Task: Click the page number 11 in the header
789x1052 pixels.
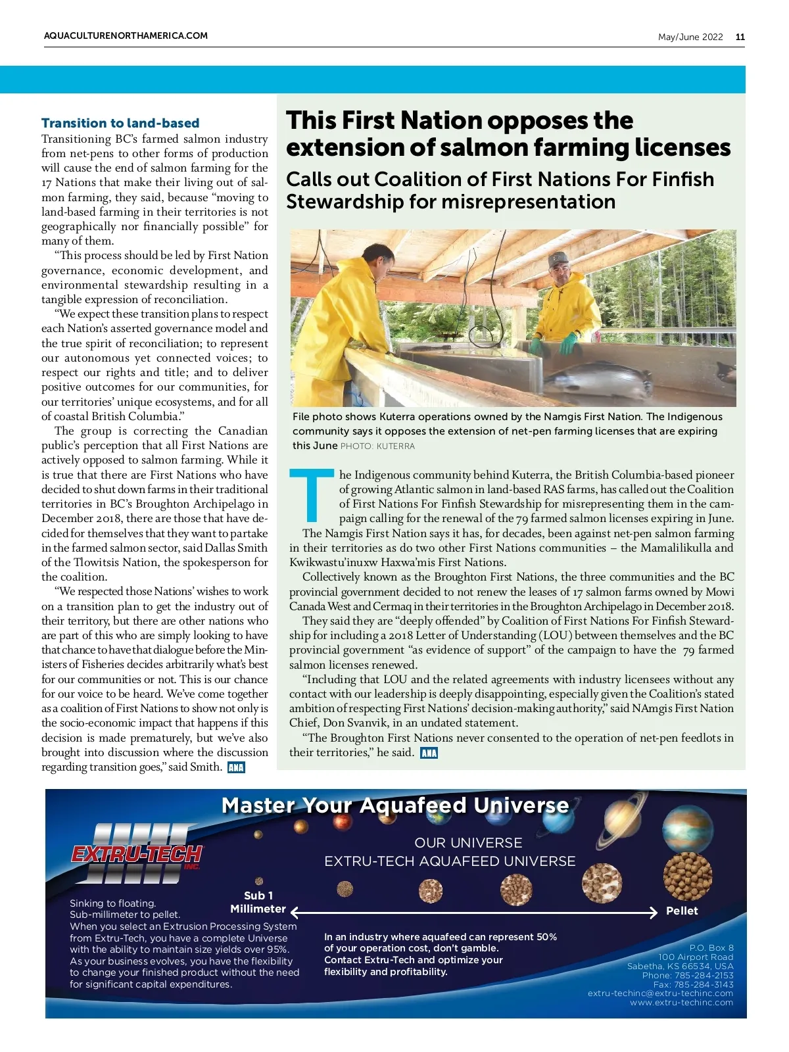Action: point(740,37)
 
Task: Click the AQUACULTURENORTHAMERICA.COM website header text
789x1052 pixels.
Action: point(126,36)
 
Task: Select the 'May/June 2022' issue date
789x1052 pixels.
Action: point(690,37)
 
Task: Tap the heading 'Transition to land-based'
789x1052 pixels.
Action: point(120,123)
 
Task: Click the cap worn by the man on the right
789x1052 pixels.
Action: point(559,260)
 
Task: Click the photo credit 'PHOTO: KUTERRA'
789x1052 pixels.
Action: point(377,446)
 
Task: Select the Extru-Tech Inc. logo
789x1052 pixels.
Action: point(136,853)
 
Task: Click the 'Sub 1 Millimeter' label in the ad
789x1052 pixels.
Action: point(258,902)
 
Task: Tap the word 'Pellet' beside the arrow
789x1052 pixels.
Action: point(682,911)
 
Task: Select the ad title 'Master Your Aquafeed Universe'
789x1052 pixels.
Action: point(395,805)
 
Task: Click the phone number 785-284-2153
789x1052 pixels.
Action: point(704,975)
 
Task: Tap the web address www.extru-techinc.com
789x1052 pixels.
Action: point(681,1003)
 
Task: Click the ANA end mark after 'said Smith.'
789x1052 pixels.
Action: point(235,767)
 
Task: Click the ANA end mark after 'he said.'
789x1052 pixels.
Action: point(429,753)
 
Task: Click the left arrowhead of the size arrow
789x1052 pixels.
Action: point(295,913)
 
